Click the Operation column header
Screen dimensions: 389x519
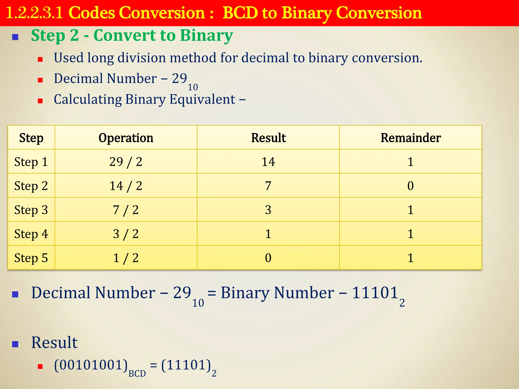coord(126,138)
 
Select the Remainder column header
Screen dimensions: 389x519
coord(411,138)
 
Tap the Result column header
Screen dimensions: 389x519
coord(268,138)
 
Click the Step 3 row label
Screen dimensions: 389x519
coord(31,210)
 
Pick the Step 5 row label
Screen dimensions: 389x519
coord(31,258)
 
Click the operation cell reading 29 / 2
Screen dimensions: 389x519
coord(126,162)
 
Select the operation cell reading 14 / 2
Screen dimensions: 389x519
coord(126,186)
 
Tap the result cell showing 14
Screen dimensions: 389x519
coord(268,162)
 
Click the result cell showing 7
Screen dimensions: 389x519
coord(268,186)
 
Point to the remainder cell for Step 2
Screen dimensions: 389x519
coord(411,186)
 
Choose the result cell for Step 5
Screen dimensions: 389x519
coord(268,258)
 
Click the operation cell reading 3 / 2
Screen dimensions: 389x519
coord(126,234)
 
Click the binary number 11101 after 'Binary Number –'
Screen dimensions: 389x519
coord(375,293)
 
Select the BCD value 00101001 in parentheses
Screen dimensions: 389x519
coord(91,365)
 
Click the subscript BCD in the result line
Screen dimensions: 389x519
coord(137,374)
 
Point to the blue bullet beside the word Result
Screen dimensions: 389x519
coord(15,344)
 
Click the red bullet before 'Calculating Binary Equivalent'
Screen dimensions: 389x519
coord(40,101)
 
